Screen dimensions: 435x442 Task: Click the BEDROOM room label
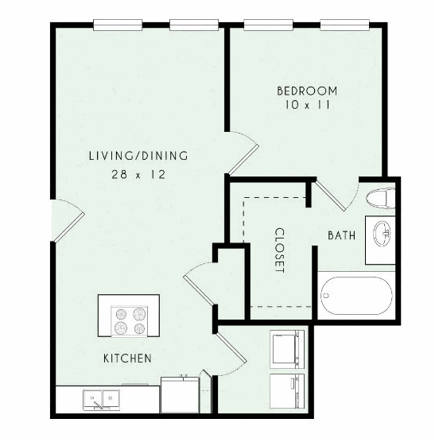pyautogui.click(x=307, y=91)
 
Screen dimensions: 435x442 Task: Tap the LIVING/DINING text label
pyautogui.click(x=138, y=156)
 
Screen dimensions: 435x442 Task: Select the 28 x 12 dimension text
pyautogui.click(x=138, y=174)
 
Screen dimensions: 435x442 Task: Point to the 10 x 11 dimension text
pyautogui.click(x=307, y=105)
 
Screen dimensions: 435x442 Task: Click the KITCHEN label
pyautogui.click(x=127, y=359)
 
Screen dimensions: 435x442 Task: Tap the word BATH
pyautogui.click(x=342, y=235)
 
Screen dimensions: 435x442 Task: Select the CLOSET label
pyautogui.click(x=279, y=250)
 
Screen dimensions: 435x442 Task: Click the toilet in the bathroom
pyautogui.click(x=381, y=199)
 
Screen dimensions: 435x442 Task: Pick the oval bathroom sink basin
pyautogui.click(x=382, y=234)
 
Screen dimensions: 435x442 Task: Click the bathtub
pyautogui.click(x=356, y=296)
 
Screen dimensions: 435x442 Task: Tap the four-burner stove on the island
pyautogui.click(x=130, y=321)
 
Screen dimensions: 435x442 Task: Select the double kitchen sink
pyautogui.click(x=101, y=399)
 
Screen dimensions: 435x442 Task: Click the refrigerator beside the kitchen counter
pyautogui.click(x=180, y=395)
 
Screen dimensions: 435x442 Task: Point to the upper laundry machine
pyautogui.click(x=287, y=349)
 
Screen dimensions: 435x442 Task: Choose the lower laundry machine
pyautogui.click(x=287, y=391)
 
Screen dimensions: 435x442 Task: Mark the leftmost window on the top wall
pyautogui.click(x=118, y=25)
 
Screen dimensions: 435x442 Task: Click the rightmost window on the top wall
pyautogui.click(x=345, y=25)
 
